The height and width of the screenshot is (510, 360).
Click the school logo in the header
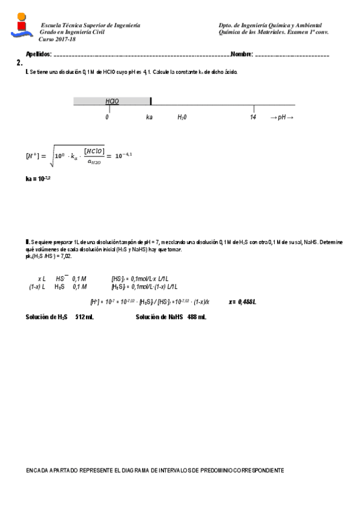point(22,27)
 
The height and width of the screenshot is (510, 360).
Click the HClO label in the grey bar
point(112,101)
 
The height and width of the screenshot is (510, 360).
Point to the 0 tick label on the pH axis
point(107,117)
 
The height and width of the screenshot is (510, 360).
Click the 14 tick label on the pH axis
point(253,117)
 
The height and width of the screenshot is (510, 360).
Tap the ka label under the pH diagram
point(149,117)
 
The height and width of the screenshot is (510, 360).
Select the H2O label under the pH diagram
point(182,117)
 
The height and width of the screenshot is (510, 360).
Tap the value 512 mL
point(84,316)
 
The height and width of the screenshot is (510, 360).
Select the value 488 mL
point(197,316)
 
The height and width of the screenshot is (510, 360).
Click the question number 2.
point(20,63)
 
